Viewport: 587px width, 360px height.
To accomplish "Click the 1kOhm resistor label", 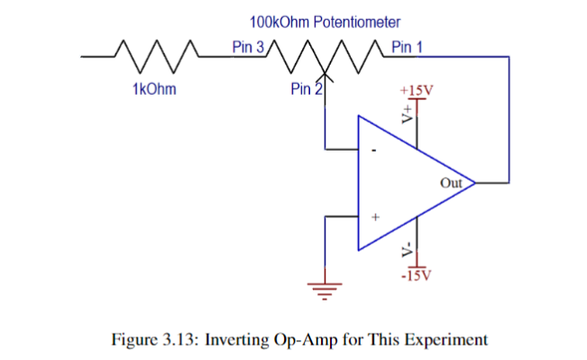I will (153, 88).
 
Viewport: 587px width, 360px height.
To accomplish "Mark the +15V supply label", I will (416, 91).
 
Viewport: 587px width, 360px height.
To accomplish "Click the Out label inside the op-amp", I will (451, 183).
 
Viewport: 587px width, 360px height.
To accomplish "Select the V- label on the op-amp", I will (408, 249).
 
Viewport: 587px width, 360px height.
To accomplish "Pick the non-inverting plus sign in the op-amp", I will (376, 217).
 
